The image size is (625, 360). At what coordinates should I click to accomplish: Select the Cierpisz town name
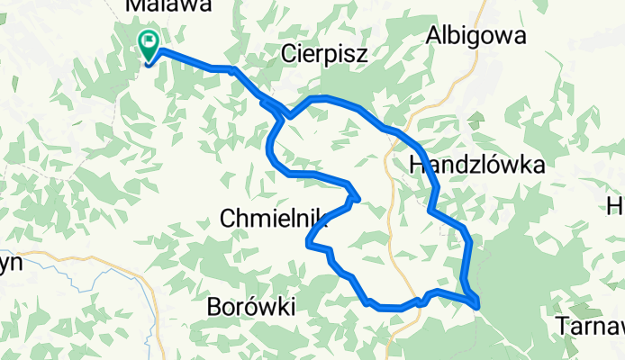pos(324,53)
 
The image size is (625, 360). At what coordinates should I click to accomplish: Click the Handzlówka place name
pos(476,166)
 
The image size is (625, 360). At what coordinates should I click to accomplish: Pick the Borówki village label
pos(251,307)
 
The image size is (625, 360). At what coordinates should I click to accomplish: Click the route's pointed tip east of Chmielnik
pos(358,197)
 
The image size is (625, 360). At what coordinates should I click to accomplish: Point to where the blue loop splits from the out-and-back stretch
pos(288,115)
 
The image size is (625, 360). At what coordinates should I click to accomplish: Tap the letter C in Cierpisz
pos(289,53)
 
